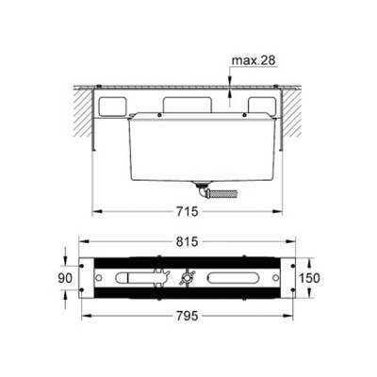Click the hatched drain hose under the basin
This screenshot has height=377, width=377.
pyautogui.click(x=223, y=193)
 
